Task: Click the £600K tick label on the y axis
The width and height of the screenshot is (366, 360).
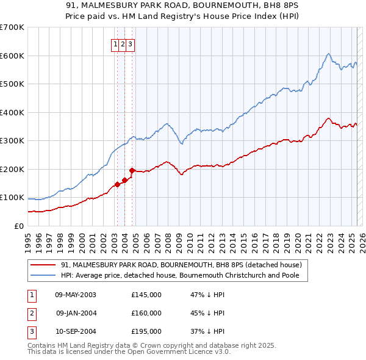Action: tap(12, 56)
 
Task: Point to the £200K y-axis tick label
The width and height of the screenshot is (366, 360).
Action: tap(12, 169)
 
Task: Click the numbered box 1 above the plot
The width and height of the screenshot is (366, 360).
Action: tap(115, 44)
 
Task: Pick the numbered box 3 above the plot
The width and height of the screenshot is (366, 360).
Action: tap(131, 44)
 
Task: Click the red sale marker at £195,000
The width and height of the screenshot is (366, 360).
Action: tap(132, 170)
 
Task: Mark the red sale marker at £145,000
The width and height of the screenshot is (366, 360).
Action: tap(117, 185)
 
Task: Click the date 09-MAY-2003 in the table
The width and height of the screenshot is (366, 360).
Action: tap(76, 295)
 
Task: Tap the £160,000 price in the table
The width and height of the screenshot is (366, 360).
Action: tap(146, 313)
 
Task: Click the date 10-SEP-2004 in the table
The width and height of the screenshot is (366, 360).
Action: tap(76, 331)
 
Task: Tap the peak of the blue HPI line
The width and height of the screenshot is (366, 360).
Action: tap(328, 54)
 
